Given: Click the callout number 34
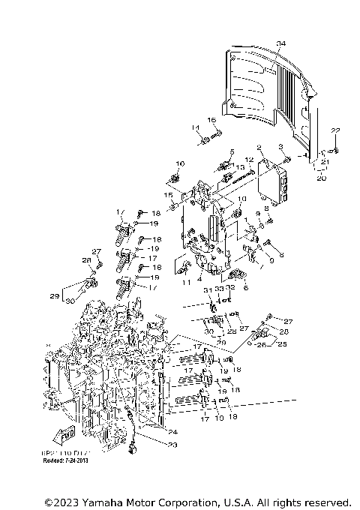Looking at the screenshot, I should coord(280,44).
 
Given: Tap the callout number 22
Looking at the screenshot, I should coord(336,132).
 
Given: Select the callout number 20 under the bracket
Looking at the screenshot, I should coord(320,179).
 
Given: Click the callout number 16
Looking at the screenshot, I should coord(211,120).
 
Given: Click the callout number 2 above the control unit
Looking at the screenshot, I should coord(258,148).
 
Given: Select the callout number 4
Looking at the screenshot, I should coord(199,279).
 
